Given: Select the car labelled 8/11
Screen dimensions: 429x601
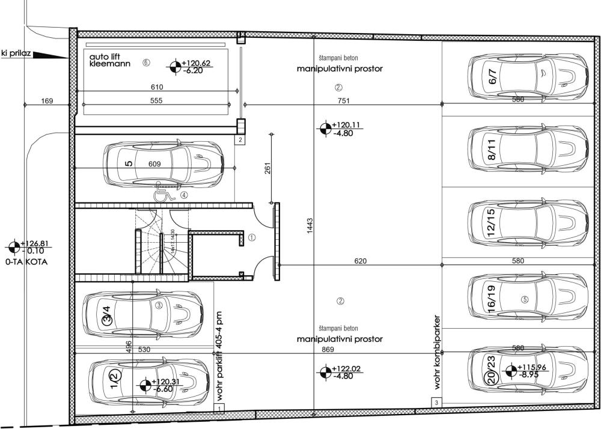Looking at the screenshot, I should point(528,148).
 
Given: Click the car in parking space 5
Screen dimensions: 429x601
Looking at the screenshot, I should point(165,164).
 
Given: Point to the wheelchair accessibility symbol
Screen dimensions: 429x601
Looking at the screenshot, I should point(162,193).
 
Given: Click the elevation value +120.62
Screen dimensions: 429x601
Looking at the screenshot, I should point(198,63).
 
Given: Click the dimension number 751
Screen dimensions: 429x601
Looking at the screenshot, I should point(343,100).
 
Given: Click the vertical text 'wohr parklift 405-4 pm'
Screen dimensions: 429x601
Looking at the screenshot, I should point(220,356).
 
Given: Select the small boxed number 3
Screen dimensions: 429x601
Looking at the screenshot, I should point(436,402).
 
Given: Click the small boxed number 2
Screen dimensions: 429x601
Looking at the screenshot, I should point(240,140).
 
